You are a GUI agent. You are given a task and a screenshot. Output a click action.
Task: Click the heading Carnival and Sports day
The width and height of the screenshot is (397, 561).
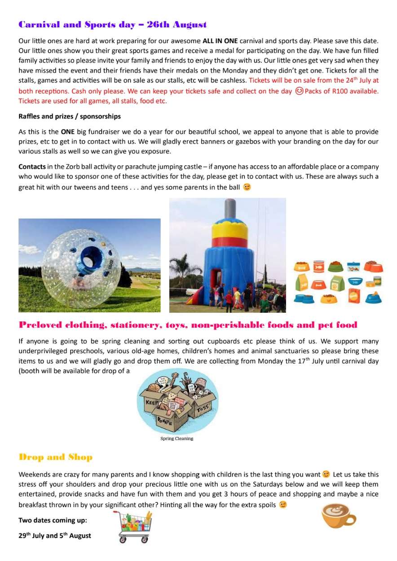click(x=112, y=25)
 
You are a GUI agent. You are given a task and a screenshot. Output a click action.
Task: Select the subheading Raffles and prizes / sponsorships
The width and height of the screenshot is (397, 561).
click(x=70, y=116)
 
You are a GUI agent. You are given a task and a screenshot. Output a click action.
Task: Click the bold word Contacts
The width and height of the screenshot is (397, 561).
click(x=32, y=167)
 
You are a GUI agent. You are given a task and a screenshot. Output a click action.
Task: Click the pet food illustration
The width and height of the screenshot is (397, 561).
click(x=339, y=282)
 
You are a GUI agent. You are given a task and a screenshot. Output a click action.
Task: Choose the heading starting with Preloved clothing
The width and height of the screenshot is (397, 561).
click(x=188, y=325)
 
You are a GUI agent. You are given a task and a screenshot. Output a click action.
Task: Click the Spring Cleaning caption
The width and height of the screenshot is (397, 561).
click(x=176, y=438)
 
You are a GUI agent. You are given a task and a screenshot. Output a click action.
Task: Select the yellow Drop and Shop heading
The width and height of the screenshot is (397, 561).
click(x=55, y=457)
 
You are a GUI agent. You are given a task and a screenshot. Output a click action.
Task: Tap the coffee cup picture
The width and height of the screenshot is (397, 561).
click(x=338, y=516)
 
